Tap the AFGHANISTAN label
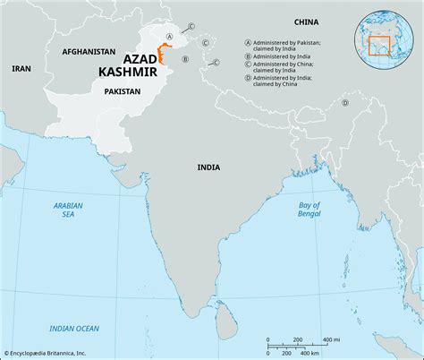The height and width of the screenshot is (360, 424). click(x=89, y=53)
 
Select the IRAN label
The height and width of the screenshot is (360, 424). click(x=21, y=68)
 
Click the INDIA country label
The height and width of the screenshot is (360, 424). click(x=209, y=167)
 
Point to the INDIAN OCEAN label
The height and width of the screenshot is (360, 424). click(x=75, y=329)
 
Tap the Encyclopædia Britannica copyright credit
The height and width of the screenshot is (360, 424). click(x=53, y=353)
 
